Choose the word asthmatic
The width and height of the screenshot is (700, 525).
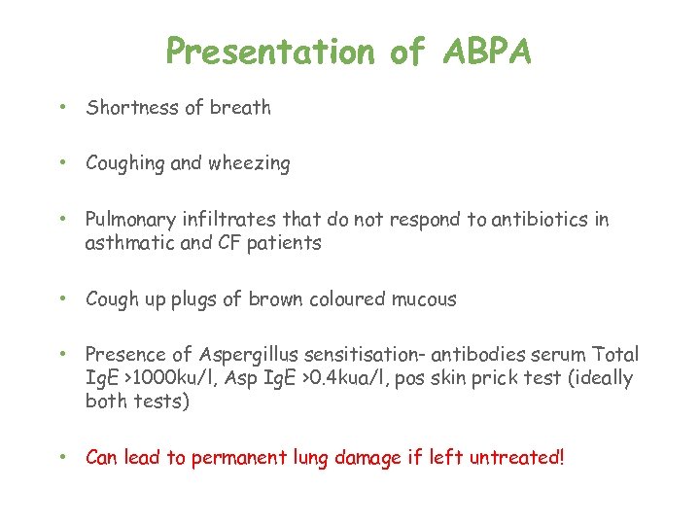click(126, 243)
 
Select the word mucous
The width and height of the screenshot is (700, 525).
click(424, 299)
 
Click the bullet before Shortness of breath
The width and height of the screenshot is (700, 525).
click(61, 109)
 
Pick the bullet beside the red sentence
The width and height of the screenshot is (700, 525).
click(61, 458)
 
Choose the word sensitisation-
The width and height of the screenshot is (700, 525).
click(380, 355)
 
